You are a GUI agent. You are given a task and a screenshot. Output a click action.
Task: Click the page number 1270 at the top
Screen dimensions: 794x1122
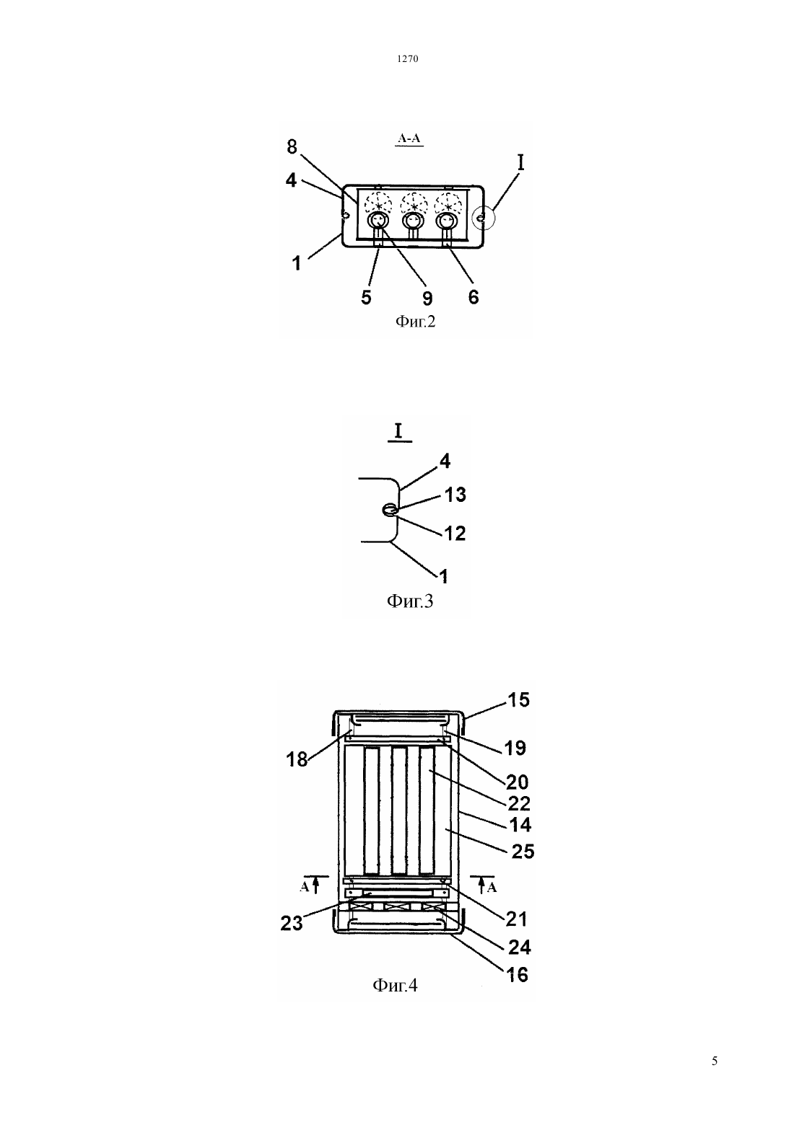pyautogui.click(x=407, y=58)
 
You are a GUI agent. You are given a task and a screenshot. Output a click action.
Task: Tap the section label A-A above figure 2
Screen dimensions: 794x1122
pyautogui.click(x=409, y=138)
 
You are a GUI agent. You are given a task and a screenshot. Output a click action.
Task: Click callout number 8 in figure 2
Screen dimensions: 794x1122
pyautogui.click(x=292, y=147)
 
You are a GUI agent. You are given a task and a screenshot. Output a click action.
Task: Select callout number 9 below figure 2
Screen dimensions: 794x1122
pyautogui.click(x=427, y=298)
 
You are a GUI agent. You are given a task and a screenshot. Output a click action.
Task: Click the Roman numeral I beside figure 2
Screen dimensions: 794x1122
pyautogui.click(x=521, y=162)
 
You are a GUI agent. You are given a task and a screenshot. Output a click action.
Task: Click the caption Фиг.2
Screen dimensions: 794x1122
pyautogui.click(x=415, y=321)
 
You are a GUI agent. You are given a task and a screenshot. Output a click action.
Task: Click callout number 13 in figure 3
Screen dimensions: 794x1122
pyautogui.click(x=455, y=495)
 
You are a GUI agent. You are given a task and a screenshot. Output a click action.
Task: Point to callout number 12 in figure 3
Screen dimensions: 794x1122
pyautogui.click(x=455, y=534)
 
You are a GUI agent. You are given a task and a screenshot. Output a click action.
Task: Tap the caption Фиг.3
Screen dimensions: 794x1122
pyautogui.click(x=409, y=601)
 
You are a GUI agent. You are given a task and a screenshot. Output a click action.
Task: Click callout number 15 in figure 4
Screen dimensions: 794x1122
pyautogui.click(x=518, y=699)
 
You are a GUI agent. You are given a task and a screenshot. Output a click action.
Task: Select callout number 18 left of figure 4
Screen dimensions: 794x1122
pyautogui.click(x=296, y=759)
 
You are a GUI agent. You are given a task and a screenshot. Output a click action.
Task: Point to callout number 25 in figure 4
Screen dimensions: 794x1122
pyautogui.click(x=523, y=852)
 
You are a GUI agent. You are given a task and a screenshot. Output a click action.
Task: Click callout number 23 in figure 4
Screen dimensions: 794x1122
pyautogui.click(x=291, y=923)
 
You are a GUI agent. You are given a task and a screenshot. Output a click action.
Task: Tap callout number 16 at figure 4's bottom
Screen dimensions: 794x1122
pyautogui.click(x=518, y=975)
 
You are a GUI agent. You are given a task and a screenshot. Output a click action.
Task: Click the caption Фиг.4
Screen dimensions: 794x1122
pyautogui.click(x=395, y=986)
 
